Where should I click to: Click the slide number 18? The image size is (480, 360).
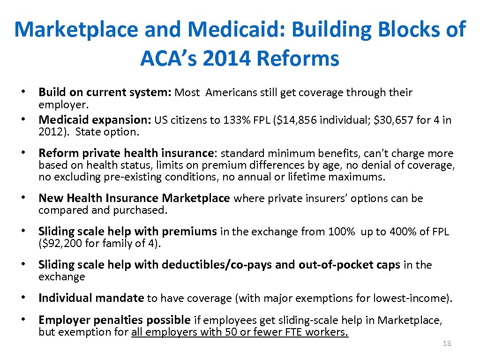[x=447, y=344]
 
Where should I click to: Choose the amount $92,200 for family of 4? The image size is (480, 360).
[x=59, y=243]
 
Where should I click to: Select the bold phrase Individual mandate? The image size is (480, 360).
[x=91, y=298]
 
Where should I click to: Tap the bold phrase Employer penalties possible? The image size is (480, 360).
[x=114, y=320]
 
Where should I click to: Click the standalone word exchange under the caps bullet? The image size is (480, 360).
[x=61, y=277]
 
